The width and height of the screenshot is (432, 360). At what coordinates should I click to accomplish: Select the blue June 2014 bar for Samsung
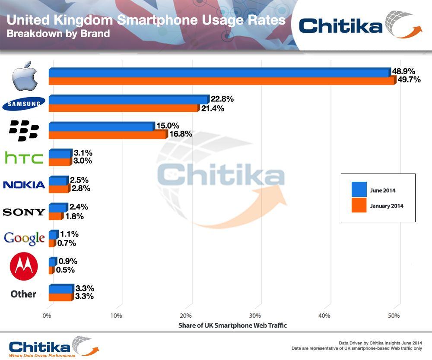tap(128, 100)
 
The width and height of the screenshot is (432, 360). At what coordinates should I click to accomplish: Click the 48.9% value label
tap(403, 71)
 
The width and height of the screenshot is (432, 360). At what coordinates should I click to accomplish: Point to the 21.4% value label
tap(212, 108)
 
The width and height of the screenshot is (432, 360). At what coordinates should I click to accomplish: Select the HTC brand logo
tap(24, 158)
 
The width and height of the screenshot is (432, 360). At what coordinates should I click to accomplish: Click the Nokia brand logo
tap(24, 185)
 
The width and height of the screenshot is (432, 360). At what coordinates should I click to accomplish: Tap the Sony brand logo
tap(24, 212)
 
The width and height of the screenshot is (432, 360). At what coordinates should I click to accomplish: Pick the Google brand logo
tap(24, 238)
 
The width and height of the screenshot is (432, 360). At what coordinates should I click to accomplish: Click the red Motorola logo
tap(24, 266)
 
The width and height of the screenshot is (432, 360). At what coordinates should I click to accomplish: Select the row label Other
tap(23, 294)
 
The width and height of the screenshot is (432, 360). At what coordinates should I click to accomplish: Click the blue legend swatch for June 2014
tap(359, 189)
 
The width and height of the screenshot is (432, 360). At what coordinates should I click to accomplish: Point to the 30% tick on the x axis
tap(255, 316)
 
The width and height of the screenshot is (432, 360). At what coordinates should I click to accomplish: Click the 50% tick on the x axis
tap(394, 316)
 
